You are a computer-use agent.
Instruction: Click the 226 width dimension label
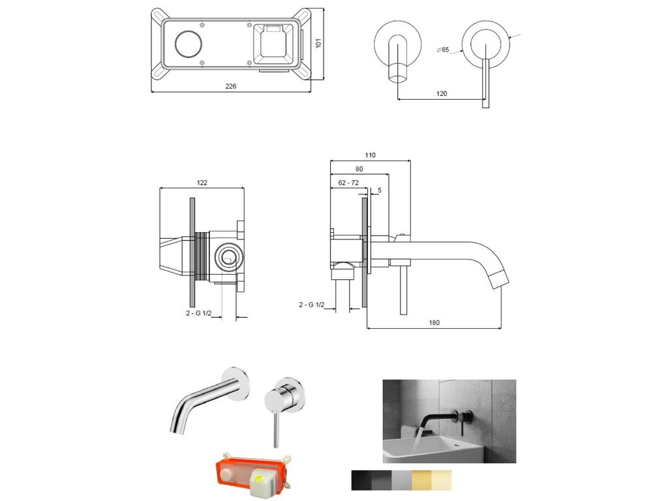coord(230,86)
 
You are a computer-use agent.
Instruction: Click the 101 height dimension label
coord(318,43)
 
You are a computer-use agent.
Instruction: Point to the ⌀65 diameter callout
coord(443,50)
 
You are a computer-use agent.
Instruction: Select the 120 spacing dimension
coord(442,94)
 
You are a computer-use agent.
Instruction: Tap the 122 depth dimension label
coord(202,183)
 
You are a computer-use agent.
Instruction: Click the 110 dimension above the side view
coord(370,155)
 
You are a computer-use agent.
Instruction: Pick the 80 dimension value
coord(359,169)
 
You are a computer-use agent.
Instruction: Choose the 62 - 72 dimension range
coord(348,183)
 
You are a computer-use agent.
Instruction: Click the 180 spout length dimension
coord(434,322)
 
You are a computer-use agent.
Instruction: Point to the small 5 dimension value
coord(379,190)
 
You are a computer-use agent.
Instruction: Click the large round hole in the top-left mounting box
coord(189,44)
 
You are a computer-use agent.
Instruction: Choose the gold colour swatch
coord(421,480)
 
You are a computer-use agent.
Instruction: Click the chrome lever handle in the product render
coord(277,424)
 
